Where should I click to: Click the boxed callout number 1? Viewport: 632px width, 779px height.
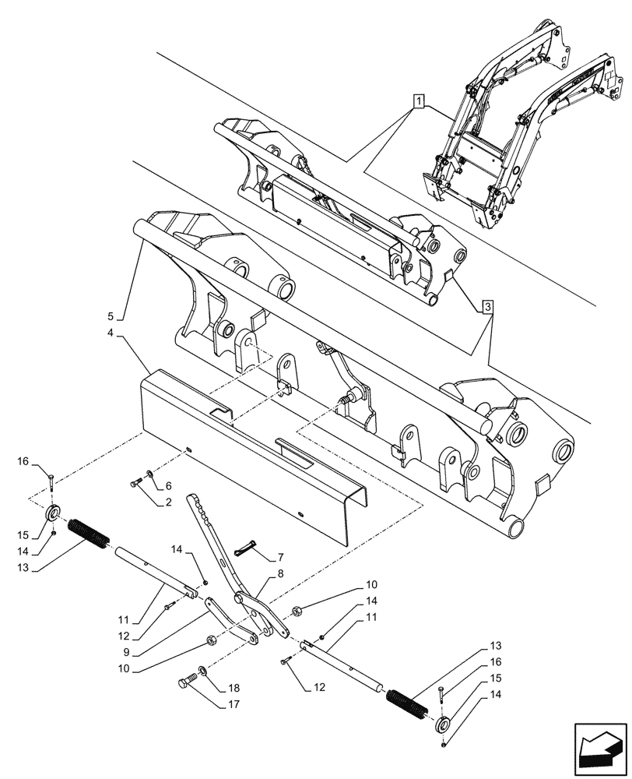419,100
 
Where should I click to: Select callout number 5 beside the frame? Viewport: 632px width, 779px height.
111,316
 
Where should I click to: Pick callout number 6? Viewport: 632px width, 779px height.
167,485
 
